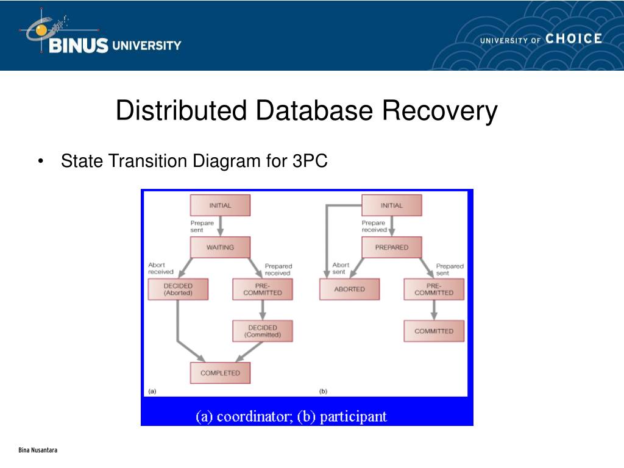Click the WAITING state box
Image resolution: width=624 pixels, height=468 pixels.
220,247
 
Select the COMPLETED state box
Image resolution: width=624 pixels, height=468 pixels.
220,372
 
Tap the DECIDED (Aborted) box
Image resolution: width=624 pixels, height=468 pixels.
178,289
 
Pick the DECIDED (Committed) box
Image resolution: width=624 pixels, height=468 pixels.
263,331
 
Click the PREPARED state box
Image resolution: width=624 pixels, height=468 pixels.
391,247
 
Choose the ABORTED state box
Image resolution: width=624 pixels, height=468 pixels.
349,289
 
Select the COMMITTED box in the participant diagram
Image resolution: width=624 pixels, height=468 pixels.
434,331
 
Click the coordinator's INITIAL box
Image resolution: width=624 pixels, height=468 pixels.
220,205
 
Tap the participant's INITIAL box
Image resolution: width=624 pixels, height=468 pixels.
391,205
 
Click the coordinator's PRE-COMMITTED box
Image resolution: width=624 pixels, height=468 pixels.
263,289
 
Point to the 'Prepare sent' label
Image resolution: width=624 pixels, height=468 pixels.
202,226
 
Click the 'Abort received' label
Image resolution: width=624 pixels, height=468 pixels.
161,268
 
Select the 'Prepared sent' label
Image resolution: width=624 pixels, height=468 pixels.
450,269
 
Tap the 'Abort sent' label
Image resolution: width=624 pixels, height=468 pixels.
341,268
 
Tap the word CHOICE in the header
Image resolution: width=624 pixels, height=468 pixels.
573,39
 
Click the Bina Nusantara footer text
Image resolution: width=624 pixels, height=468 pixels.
38,450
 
